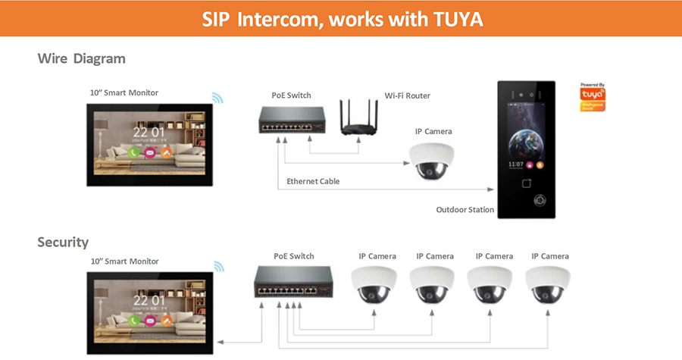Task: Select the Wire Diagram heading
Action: click(82, 58)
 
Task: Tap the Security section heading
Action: click(63, 243)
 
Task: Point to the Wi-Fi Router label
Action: click(408, 95)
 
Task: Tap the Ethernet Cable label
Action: click(313, 181)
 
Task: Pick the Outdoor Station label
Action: click(465, 210)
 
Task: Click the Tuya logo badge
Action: click(593, 97)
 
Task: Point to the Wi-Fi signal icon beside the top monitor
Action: click(217, 99)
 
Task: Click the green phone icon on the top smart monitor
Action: click(133, 152)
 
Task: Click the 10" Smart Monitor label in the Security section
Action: click(124, 261)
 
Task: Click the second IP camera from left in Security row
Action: click(434, 285)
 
